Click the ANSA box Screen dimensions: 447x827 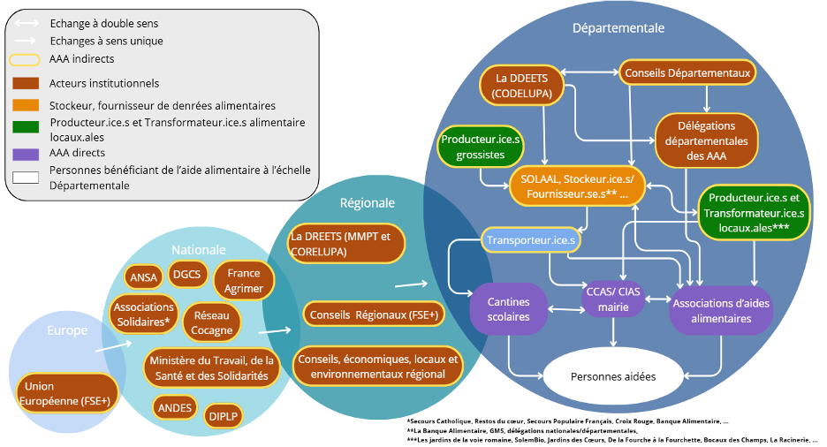click(143, 277)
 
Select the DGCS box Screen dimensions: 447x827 click(186, 274)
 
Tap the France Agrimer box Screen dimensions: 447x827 click(244, 281)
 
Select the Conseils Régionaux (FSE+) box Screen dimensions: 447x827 click(374, 314)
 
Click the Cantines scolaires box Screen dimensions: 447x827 click(508, 309)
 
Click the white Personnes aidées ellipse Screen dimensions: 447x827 click(613, 376)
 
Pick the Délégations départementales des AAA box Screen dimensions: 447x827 click(706, 140)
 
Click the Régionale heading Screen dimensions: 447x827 click(367, 203)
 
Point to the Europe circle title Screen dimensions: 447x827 click(67, 330)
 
